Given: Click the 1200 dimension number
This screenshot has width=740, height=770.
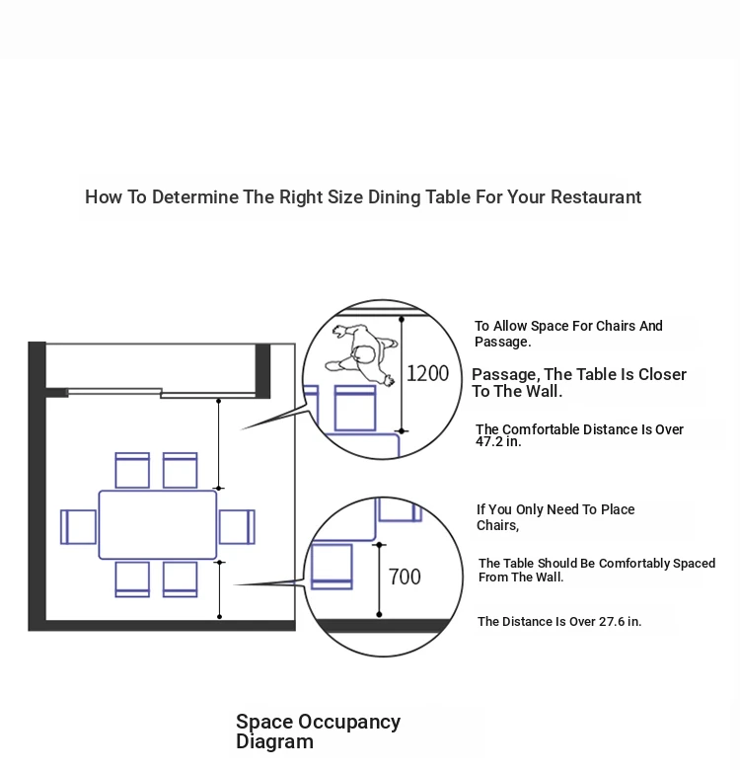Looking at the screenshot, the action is [x=427, y=373].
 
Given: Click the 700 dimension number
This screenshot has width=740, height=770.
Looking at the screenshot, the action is [x=405, y=577].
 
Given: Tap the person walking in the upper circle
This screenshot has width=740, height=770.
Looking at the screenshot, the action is [x=362, y=353].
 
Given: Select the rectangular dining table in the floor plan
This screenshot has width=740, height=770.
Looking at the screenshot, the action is [x=158, y=524].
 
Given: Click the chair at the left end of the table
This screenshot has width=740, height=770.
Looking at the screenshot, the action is [x=79, y=527].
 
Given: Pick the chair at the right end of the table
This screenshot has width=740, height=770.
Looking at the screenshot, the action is [x=237, y=527].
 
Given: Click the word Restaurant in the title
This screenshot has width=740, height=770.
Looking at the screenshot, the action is [x=596, y=196].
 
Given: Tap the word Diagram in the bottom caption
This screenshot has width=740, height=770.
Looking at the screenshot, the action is [x=275, y=741].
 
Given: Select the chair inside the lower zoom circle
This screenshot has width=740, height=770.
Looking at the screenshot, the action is [x=333, y=567].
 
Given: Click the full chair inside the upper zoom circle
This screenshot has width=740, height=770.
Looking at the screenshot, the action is [x=355, y=408].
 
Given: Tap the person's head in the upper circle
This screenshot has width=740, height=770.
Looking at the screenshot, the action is [x=364, y=354].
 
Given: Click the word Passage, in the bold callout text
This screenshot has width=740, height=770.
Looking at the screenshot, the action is [x=505, y=375].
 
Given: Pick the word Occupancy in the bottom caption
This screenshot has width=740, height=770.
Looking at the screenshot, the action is [x=349, y=722].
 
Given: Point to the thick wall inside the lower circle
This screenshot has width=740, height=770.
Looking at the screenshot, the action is [x=382, y=626].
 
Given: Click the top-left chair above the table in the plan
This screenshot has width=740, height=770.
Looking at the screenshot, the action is [x=132, y=471].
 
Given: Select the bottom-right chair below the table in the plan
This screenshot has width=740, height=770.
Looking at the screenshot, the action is [x=181, y=579].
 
